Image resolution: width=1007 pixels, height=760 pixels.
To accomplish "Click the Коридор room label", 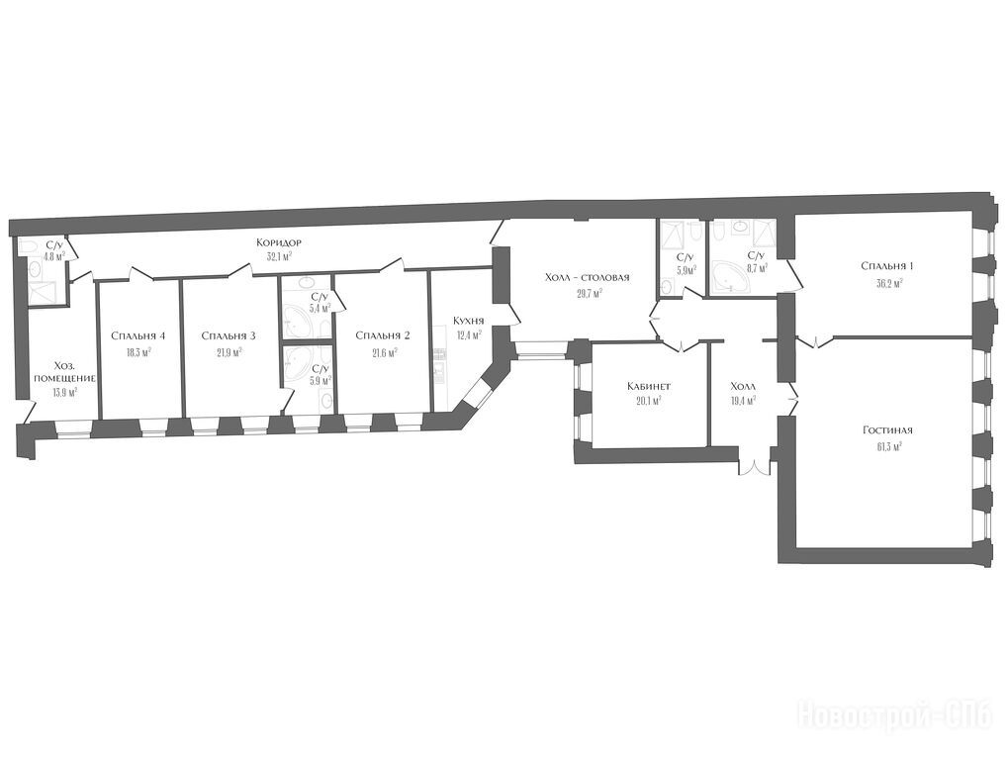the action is pos(279,242).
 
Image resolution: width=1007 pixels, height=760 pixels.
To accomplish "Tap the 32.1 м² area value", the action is pos(279,255).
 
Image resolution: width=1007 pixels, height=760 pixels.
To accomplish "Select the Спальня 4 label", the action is pos(138,335).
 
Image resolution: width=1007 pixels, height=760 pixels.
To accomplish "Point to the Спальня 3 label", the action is pos(229,335).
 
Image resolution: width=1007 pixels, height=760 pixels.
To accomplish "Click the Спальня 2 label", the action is pos(383,335).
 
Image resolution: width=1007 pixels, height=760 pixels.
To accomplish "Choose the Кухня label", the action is pos(468,321).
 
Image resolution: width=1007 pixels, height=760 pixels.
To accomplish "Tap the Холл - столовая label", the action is pos(587,277).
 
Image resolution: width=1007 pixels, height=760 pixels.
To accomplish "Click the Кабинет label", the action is pos(649,387).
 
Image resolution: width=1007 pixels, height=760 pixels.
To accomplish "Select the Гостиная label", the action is pos(888,430).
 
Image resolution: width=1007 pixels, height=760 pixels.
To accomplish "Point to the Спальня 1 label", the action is pos(887,266).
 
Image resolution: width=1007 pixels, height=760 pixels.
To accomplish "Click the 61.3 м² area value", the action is pos(888,444).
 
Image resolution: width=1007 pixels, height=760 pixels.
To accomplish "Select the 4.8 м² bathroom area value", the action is pos(54,256).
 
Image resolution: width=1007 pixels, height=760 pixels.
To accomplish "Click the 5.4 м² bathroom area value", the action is pos(320,309).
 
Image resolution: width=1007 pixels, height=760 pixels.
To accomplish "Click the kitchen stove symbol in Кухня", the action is pos(440,353).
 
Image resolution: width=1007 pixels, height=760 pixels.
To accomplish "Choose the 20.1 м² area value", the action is pos(649,400).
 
